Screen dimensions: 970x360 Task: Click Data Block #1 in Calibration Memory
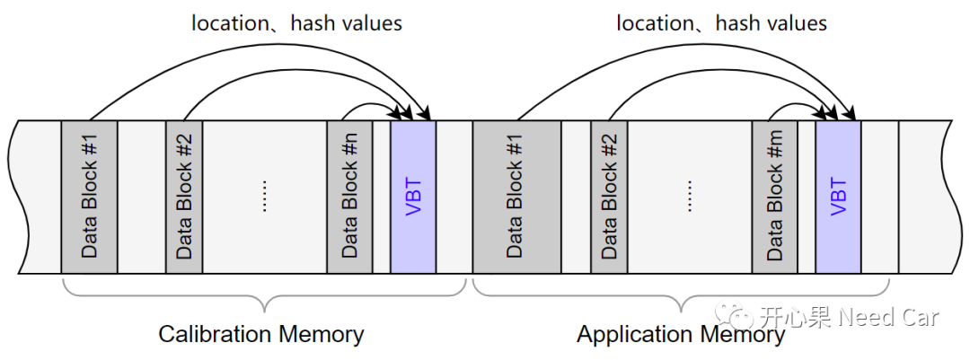click(x=89, y=197)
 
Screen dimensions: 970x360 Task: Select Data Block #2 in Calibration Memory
click(x=184, y=197)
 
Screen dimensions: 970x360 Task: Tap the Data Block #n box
click(x=349, y=197)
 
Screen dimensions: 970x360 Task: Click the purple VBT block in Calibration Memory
click(x=413, y=197)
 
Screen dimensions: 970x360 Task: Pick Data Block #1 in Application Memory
click(x=517, y=197)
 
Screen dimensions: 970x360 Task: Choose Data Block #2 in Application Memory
click(x=609, y=197)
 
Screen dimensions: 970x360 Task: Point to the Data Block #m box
click(x=774, y=197)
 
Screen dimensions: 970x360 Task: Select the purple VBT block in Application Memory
click(x=838, y=197)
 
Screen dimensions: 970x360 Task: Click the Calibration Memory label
click(x=261, y=334)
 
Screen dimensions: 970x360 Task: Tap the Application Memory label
click(x=681, y=335)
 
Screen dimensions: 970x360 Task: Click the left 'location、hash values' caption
click(x=297, y=23)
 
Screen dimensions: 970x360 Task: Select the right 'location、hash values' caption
click(x=722, y=23)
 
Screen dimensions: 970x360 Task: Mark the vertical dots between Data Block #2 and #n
click(x=264, y=197)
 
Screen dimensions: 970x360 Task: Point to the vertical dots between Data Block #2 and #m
click(x=689, y=197)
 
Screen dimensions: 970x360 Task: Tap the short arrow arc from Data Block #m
click(x=795, y=105)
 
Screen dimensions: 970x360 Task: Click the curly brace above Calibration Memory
click(x=264, y=295)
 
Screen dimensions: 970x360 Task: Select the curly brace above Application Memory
click(x=681, y=295)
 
